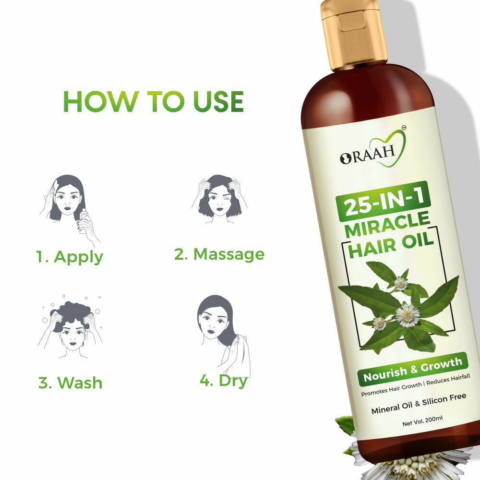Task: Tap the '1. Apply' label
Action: pos(70,256)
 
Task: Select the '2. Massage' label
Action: pos(219,254)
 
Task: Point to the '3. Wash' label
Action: pos(70,383)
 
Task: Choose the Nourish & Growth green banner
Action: pos(412,369)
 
